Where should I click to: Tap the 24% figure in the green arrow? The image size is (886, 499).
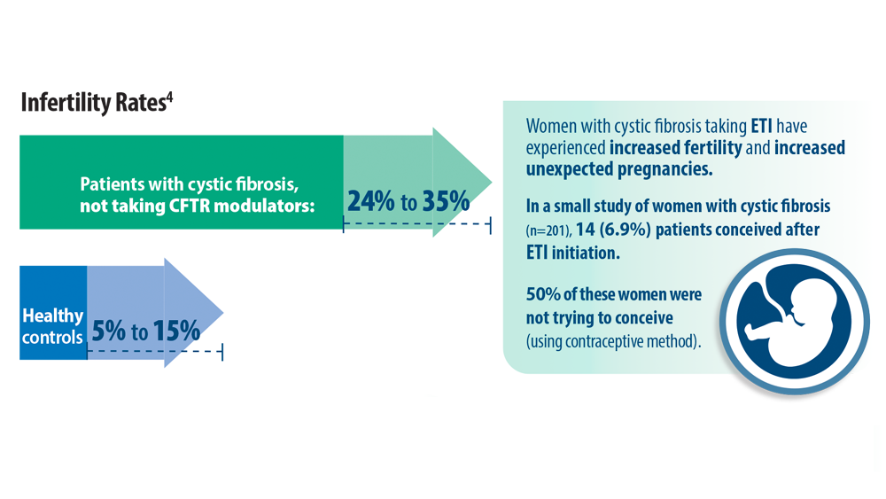pos(370,201)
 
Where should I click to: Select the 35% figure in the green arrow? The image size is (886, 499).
pos(446,201)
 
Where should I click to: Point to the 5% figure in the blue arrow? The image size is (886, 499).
pos(108,331)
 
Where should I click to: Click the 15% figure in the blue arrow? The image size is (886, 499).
pos(176,331)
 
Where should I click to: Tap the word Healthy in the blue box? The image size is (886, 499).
pos(52,316)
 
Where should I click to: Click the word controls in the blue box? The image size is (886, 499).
pos(52,338)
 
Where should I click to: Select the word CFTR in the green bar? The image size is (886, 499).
pos(190,206)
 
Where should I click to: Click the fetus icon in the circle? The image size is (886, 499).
pos(794,321)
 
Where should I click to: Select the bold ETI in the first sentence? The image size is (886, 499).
pos(761,126)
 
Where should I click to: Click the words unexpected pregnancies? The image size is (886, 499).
pos(619,169)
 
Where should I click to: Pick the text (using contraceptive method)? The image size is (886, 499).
pos(614,341)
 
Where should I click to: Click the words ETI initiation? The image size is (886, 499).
pos(573,253)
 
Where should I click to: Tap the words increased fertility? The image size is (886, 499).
pos(675,147)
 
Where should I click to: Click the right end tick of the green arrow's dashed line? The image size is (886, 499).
pos(490,225)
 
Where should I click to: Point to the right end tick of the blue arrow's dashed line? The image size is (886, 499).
pos(222,352)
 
